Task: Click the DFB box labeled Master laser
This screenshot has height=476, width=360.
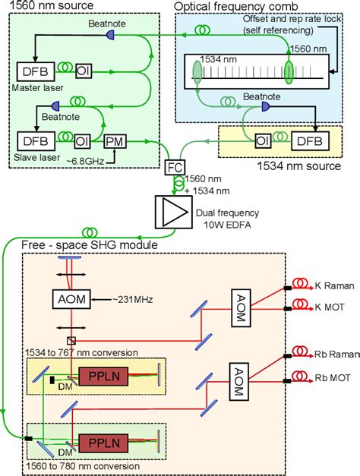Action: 35,71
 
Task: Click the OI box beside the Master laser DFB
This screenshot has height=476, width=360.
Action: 84,71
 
